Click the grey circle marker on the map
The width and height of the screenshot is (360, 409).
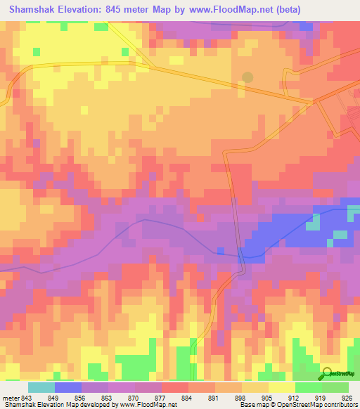tap(247, 77)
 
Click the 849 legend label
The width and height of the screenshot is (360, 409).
tap(59, 397)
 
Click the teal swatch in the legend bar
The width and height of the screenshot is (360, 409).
tap(41, 387)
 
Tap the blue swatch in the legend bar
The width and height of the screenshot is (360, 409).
tap(68, 387)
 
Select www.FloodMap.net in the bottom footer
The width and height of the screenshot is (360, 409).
tap(146, 405)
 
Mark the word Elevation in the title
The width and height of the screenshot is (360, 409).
tap(85, 9)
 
